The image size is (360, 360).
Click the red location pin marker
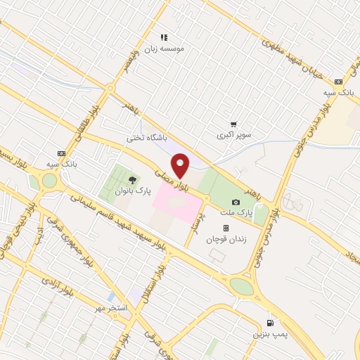point(181,165)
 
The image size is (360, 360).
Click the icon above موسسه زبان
point(164,37)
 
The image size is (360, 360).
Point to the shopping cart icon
point(233,124)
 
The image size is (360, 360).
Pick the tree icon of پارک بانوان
point(132,179)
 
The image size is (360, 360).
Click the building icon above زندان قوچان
point(226,228)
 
